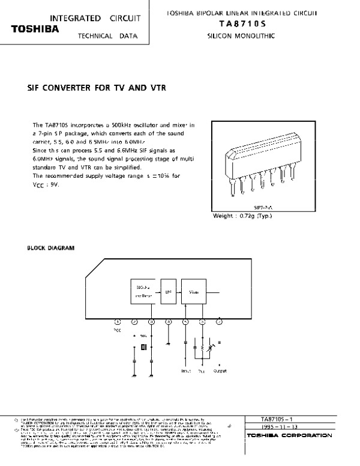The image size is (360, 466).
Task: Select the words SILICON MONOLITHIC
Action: click(241, 36)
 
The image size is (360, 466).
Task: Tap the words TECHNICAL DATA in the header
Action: click(107, 36)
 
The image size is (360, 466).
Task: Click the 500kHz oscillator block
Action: click(142, 292)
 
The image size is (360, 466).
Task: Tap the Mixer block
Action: click(194, 292)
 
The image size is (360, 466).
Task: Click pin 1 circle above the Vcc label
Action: click(118, 322)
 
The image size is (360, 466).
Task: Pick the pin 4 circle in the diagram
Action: click(169, 322)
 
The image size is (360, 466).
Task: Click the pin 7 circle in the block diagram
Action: click(219, 322)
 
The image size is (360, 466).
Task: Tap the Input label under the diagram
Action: click(186, 371)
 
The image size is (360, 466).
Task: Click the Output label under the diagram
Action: click(220, 371)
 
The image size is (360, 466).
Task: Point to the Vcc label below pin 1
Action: click(118, 330)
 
